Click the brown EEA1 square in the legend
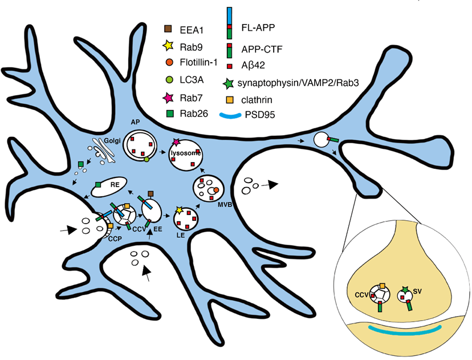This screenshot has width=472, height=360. (168, 28)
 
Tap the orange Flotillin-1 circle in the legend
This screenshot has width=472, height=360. (169, 62)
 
